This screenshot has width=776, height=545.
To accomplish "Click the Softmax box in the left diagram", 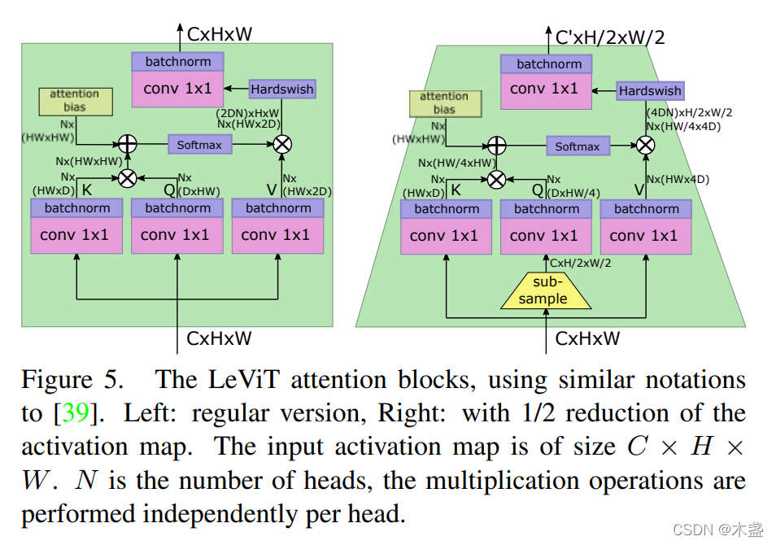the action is pyautogui.click(x=200, y=145).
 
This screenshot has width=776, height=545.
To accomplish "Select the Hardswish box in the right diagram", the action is pyautogui.click(x=650, y=91).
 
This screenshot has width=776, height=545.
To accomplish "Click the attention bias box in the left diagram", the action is pyautogui.click(x=76, y=102).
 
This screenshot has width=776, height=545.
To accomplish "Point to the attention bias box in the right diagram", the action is pyautogui.click(x=446, y=103).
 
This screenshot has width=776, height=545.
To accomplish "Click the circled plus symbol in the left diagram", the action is pyautogui.click(x=127, y=144).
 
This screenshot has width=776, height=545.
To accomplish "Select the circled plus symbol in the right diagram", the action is pyautogui.click(x=497, y=146).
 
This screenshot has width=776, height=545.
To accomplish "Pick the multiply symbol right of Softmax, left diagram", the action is pyautogui.click(x=282, y=145).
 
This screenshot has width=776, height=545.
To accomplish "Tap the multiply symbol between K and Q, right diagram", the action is pyautogui.click(x=496, y=180).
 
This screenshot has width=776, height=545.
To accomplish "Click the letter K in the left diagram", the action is pyautogui.click(x=86, y=190).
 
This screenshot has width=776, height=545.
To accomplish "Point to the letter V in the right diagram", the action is pyautogui.click(x=639, y=190).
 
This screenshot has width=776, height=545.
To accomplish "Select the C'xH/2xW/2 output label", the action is pyautogui.click(x=610, y=37).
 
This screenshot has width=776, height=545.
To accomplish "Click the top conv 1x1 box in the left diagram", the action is pyautogui.click(x=177, y=89).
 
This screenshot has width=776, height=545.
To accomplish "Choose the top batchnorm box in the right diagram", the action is pyautogui.click(x=547, y=64).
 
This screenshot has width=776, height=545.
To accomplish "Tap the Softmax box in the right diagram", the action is pyautogui.click(x=578, y=146).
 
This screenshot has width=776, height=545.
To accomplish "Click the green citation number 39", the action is pyautogui.click(x=76, y=412).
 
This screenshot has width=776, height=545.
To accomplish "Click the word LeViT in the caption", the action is pyautogui.click(x=243, y=380).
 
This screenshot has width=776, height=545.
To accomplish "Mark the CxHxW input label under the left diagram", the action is pyautogui.click(x=219, y=338).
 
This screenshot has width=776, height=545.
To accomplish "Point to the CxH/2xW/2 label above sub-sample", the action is pyautogui.click(x=581, y=263).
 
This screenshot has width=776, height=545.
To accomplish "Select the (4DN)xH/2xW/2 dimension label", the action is pyautogui.click(x=690, y=113).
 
